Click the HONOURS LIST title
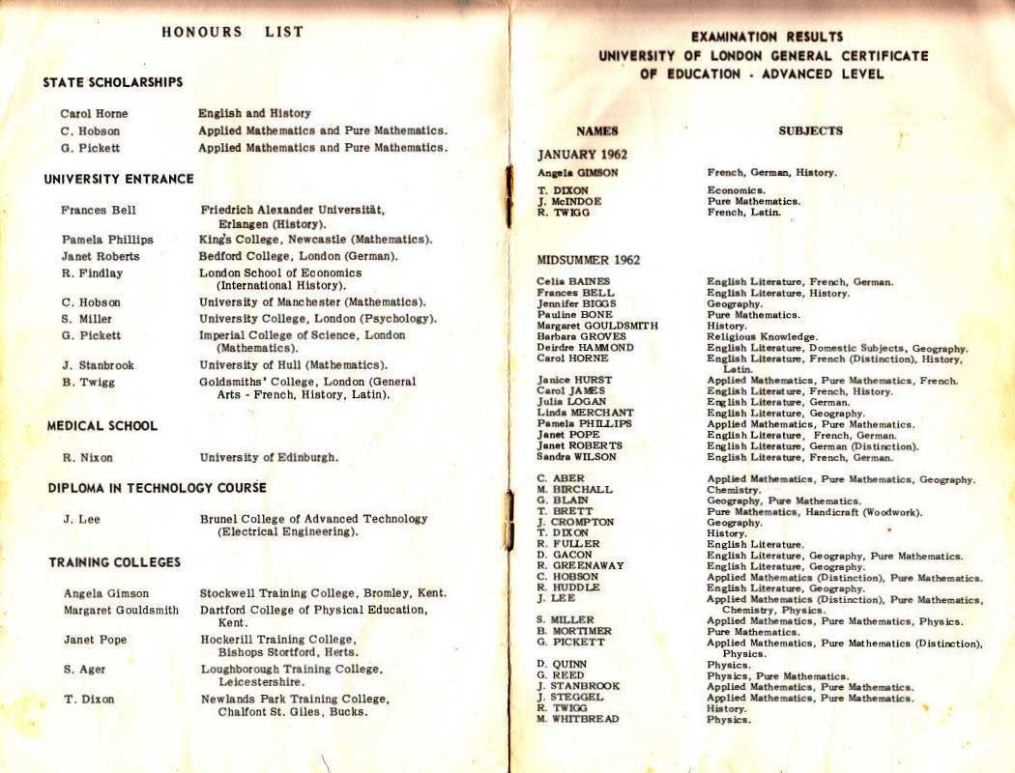(232, 32)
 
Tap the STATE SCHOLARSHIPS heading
(113, 83)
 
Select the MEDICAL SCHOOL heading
(102, 426)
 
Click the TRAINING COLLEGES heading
(115, 562)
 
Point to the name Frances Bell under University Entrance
(99, 210)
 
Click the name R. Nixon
(84, 458)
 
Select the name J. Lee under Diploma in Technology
(82, 520)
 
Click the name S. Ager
(85, 670)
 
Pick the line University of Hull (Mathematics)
(293, 365)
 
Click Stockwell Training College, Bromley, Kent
(323, 593)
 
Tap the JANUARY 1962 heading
(582, 155)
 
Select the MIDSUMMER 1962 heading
(588, 260)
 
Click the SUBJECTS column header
(810, 130)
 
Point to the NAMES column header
(596, 130)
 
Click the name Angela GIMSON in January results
(577, 173)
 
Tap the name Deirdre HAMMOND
(586, 348)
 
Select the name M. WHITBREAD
(578, 719)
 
